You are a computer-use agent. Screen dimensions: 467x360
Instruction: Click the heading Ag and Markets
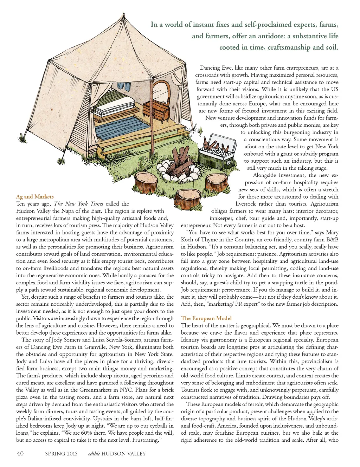coord(35,196)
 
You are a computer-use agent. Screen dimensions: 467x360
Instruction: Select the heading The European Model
coord(206,318)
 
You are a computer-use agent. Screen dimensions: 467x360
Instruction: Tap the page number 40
coord(20,453)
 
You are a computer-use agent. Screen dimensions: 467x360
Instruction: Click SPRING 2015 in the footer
coord(61,454)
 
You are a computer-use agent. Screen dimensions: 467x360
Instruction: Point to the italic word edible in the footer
coord(94,454)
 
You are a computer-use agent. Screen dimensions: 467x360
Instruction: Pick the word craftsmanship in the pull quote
coord(289,47)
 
